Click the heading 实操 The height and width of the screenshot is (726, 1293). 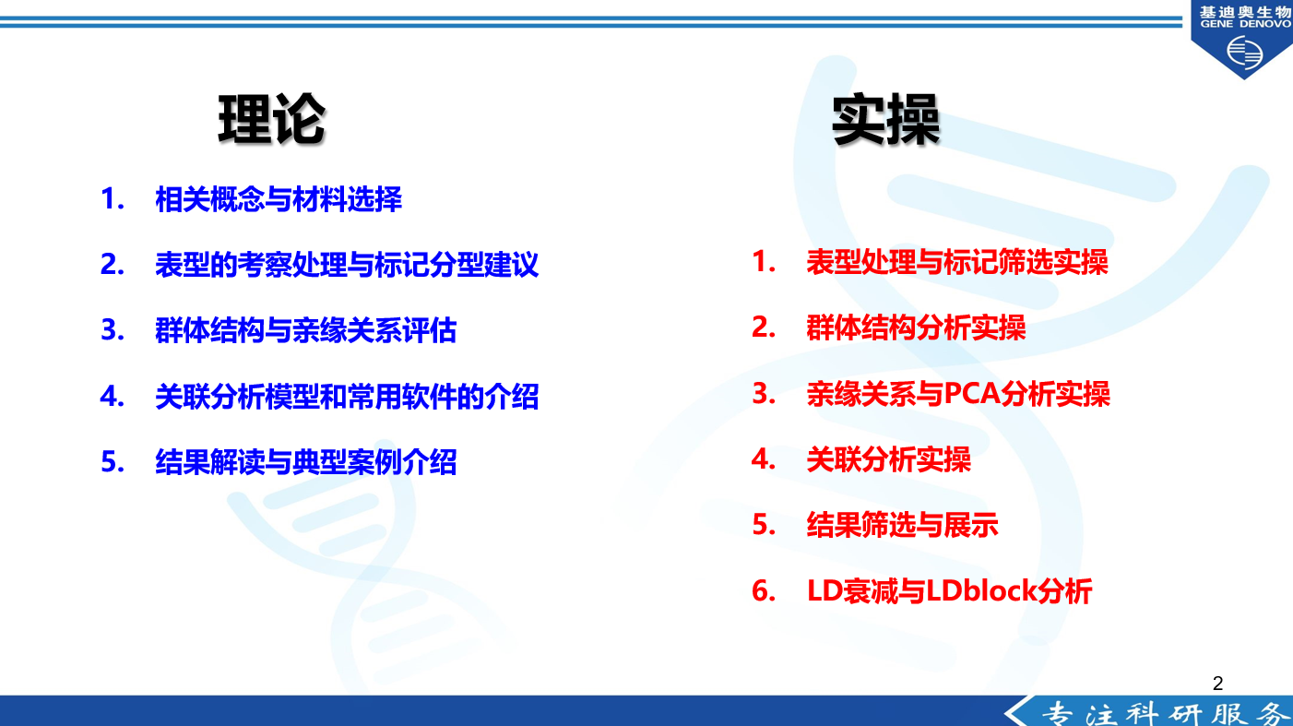[885, 120]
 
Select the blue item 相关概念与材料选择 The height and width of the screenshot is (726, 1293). [279, 199]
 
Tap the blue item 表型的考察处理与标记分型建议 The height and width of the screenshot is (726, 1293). [347, 265]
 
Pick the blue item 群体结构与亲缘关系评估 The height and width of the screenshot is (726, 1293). [306, 330]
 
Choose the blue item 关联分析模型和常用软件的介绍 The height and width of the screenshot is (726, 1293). [347, 397]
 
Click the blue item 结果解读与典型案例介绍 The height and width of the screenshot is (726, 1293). [306, 462]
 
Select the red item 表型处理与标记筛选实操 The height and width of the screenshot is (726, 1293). [957, 262]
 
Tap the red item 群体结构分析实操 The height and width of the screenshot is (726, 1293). [916, 327]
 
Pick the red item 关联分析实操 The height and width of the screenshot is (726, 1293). [888, 459]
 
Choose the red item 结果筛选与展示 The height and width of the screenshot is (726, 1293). [902, 526]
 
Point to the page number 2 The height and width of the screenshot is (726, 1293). [1218, 684]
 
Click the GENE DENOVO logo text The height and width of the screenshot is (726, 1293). [1245, 24]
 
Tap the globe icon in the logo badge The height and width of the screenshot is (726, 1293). [1244, 53]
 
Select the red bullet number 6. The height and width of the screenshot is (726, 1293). [764, 590]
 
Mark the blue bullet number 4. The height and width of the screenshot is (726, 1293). [112, 397]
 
